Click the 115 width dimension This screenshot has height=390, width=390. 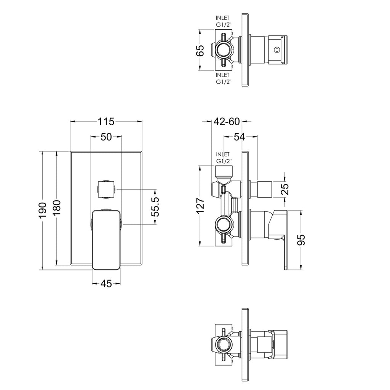pyautogui.click(x=106, y=121)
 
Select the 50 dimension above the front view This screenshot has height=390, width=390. pyautogui.click(x=106, y=137)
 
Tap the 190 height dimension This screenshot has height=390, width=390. pyautogui.click(x=43, y=210)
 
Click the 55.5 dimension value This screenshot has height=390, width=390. pyautogui.click(x=155, y=207)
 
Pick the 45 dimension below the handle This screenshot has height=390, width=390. pyautogui.click(x=106, y=283)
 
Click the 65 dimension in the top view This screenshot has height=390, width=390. pyautogui.click(x=200, y=51)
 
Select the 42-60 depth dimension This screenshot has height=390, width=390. pyautogui.click(x=227, y=121)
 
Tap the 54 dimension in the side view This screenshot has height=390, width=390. pyautogui.click(x=240, y=137)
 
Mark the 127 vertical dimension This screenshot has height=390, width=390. pyautogui.click(x=200, y=205)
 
